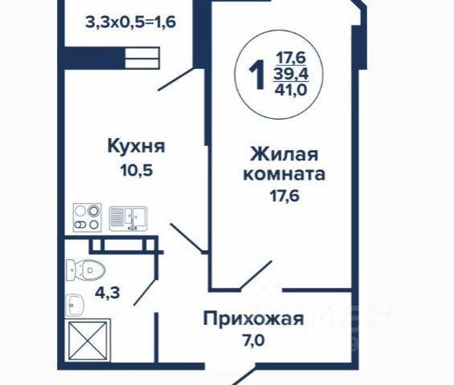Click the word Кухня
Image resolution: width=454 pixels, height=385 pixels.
pos(136,146)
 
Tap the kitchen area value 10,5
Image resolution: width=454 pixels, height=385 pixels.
pos(137,171)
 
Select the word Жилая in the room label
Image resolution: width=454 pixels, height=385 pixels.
pos(284,154)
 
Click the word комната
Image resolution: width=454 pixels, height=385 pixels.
pos(284,174)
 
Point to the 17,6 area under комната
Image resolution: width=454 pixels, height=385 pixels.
pos(284,197)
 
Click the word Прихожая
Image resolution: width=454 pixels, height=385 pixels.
pos(254,319)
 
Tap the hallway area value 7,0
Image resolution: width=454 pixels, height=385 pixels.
pos(254,341)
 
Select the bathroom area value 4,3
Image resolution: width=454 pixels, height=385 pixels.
pos(108,293)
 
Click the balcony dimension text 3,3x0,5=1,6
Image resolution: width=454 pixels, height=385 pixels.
pos(131,22)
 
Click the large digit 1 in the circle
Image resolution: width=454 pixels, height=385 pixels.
pos(257,75)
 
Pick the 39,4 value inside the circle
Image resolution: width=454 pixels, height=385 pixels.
pos(291,75)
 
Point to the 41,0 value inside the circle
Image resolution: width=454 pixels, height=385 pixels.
pos(291,90)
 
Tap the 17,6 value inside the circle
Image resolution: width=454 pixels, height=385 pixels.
pos(291,58)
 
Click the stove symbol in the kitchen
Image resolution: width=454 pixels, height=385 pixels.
pos(87,217)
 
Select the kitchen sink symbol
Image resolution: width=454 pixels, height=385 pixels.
pos(129,218)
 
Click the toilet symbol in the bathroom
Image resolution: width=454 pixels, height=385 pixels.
pos(85,270)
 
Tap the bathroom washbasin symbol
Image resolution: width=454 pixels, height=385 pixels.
pos(75,306)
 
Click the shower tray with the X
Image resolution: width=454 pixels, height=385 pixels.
pos(88,341)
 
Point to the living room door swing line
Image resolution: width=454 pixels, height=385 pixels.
pos(256,275)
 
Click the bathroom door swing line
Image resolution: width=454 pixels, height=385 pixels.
pos(145,292)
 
